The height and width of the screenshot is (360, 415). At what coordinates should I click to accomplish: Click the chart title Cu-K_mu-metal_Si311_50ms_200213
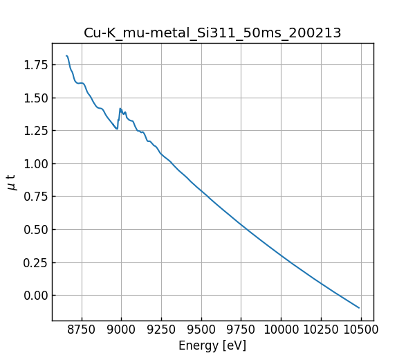tap(212, 33)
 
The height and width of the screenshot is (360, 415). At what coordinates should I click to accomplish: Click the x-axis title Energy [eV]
tap(212, 345)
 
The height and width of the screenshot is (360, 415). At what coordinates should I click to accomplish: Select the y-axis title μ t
tap(11, 182)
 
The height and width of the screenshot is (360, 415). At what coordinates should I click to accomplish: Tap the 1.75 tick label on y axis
tap(35, 65)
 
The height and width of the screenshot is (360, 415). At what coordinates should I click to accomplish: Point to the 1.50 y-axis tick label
tap(35, 98)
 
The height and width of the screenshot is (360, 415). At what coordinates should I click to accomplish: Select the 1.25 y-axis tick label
tap(35, 131)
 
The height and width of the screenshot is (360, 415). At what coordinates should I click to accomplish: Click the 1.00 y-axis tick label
tap(35, 164)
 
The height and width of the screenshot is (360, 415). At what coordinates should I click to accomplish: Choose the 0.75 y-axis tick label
tap(35, 197)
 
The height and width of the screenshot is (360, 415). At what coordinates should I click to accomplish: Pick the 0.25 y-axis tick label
tap(35, 262)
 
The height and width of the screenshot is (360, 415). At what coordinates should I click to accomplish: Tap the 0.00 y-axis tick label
tap(35, 296)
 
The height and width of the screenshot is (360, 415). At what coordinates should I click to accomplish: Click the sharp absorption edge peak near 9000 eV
tap(120, 109)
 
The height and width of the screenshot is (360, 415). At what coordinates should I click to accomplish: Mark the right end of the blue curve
tap(359, 307)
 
